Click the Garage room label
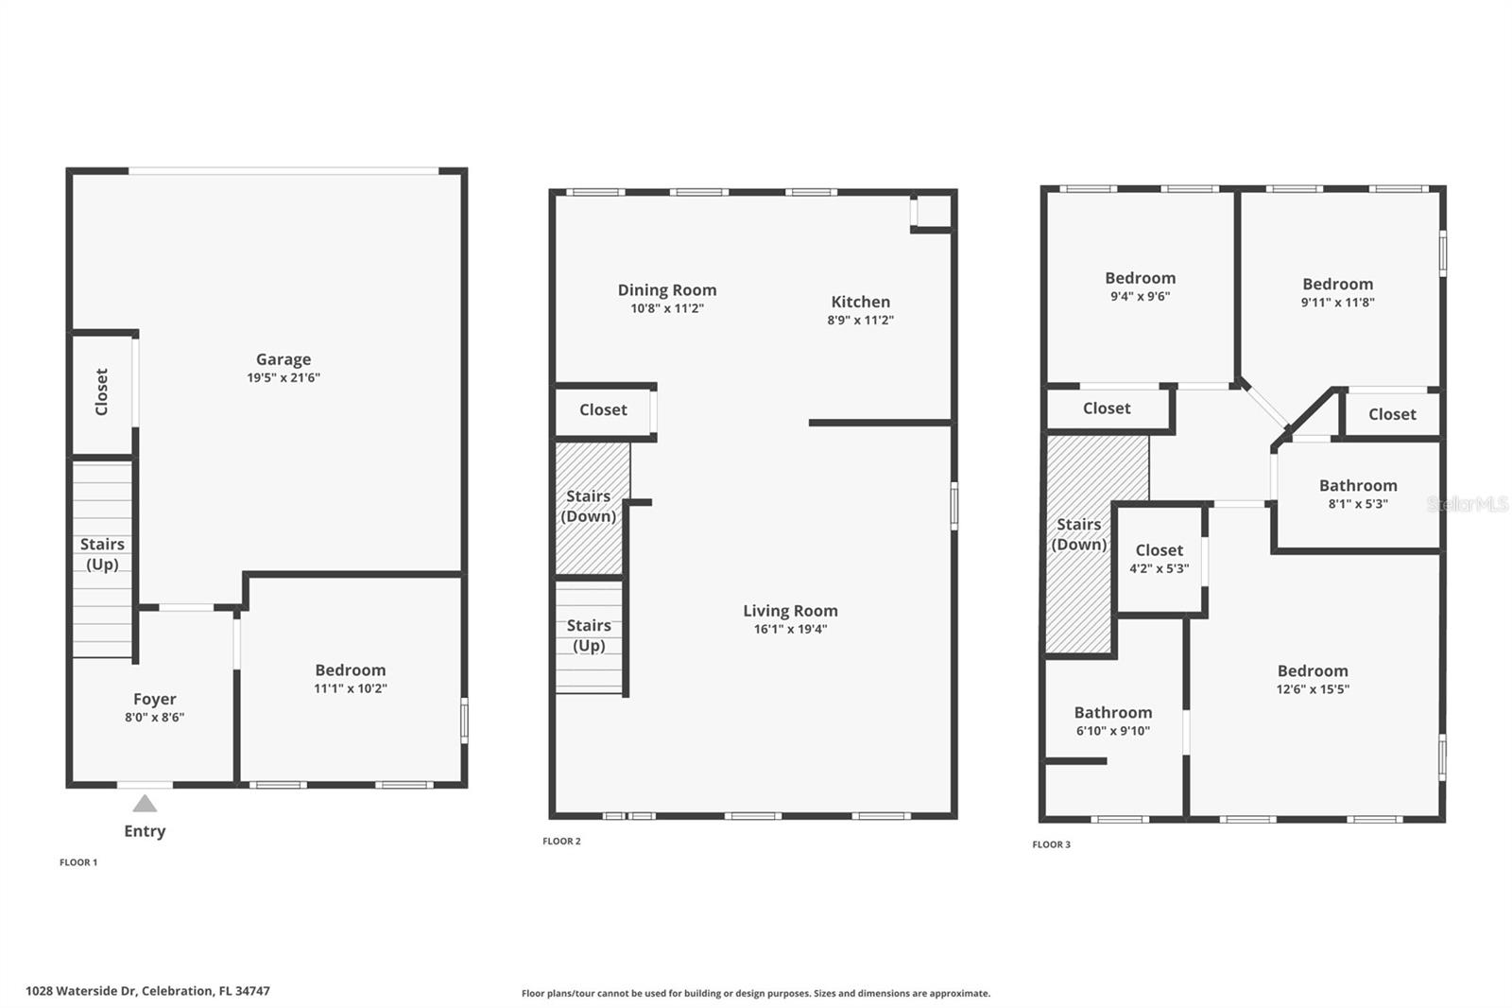(x=283, y=359)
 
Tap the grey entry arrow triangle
(x=145, y=804)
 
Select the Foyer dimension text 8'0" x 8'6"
(x=154, y=717)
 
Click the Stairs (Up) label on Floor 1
(x=102, y=554)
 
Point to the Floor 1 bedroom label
(x=351, y=670)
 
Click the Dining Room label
(x=667, y=290)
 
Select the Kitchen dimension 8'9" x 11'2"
(x=860, y=320)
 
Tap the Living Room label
(x=790, y=611)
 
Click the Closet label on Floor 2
(x=603, y=409)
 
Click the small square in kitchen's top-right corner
(x=933, y=212)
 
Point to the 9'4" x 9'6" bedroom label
(x=1140, y=278)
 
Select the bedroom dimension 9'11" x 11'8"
(x=1337, y=303)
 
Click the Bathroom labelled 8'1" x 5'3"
(x=1358, y=486)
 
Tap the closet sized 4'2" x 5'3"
(x=1159, y=559)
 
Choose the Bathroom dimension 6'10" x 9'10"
(x=1112, y=731)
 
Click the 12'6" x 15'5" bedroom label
(x=1313, y=671)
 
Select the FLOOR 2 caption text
(x=561, y=841)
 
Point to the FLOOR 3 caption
(x=1051, y=844)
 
